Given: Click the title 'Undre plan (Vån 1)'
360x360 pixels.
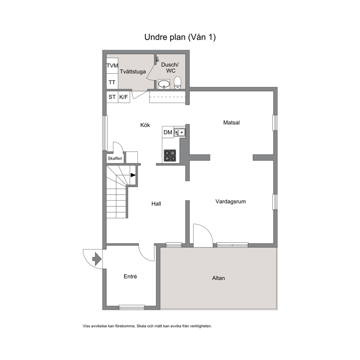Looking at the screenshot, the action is (x=180, y=37).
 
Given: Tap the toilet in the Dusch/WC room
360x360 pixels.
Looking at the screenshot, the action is (x=177, y=83).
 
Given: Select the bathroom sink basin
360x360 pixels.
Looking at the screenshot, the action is (x=164, y=84).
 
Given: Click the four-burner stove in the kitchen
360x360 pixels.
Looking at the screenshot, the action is (x=170, y=155).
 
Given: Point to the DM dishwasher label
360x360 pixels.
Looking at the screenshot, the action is (x=168, y=132).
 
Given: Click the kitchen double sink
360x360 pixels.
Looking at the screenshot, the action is (x=180, y=132).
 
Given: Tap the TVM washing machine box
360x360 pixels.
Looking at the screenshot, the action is (x=112, y=66).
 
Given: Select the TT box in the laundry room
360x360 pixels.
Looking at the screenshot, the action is (x=112, y=82).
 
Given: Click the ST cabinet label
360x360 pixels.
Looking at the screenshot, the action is (x=112, y=97).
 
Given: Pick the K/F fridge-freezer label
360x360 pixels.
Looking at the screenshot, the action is (x=123, y=97).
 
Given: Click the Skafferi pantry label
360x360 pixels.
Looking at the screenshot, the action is (x=115, y=159).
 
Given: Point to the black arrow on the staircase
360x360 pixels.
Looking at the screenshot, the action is (x=133, y=175).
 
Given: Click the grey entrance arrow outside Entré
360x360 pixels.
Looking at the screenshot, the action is (x=97, y=259).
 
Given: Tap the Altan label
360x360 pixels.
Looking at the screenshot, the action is (x=218, y=278).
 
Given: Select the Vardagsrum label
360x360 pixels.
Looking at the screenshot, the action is (x=230, y=201).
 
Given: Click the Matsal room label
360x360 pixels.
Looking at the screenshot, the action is (x=232, y=122).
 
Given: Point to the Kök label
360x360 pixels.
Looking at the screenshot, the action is (x=145, y=125).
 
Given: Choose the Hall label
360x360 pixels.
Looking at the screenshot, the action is (x=156, y=204).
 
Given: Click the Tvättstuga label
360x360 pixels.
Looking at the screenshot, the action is (x=133, y=71).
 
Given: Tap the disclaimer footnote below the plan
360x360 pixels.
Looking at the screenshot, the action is (x=147, y=326).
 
